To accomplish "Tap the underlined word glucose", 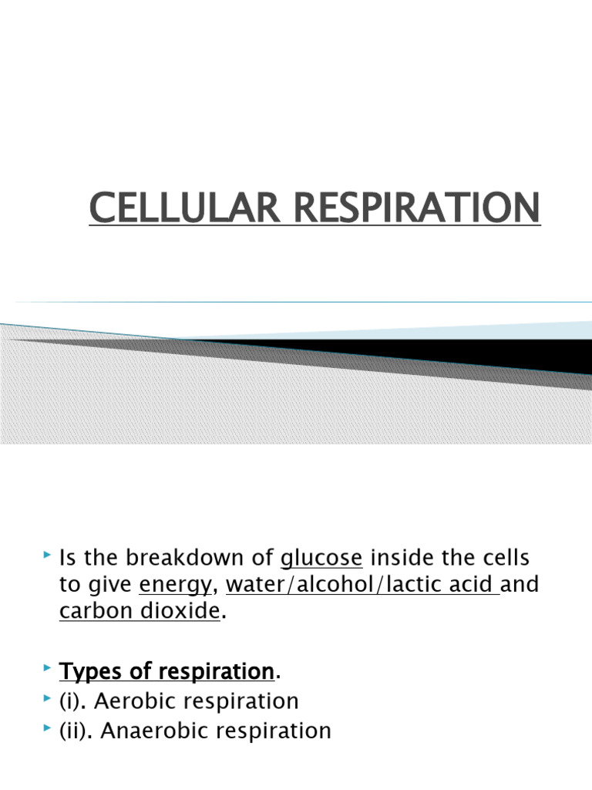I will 321,558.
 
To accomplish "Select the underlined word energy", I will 174,586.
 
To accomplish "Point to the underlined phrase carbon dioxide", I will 140,613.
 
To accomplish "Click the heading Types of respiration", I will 166,671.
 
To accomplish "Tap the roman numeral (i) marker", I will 74,701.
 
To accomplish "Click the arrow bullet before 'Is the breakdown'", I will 48,555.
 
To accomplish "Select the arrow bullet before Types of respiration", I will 48,670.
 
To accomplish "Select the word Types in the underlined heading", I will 90,671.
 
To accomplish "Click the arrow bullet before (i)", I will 48,699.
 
